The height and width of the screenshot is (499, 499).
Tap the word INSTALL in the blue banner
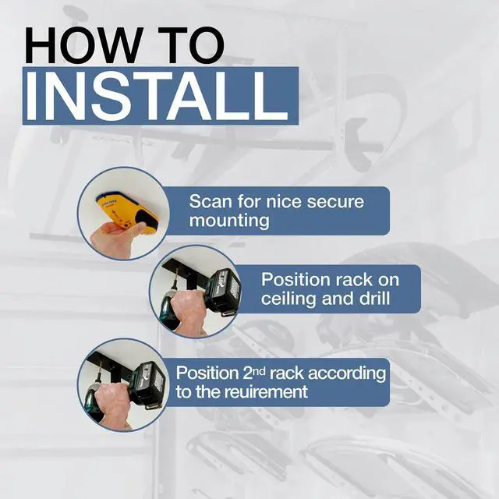[156, 97]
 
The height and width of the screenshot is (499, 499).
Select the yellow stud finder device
[127, 211]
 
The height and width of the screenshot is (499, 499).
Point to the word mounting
[229, 221]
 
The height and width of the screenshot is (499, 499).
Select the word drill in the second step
[374, 298]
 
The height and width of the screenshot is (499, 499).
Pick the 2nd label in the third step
[254, 373]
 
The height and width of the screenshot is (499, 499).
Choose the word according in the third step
[346, 373]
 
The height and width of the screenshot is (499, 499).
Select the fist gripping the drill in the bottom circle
[114, 404]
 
